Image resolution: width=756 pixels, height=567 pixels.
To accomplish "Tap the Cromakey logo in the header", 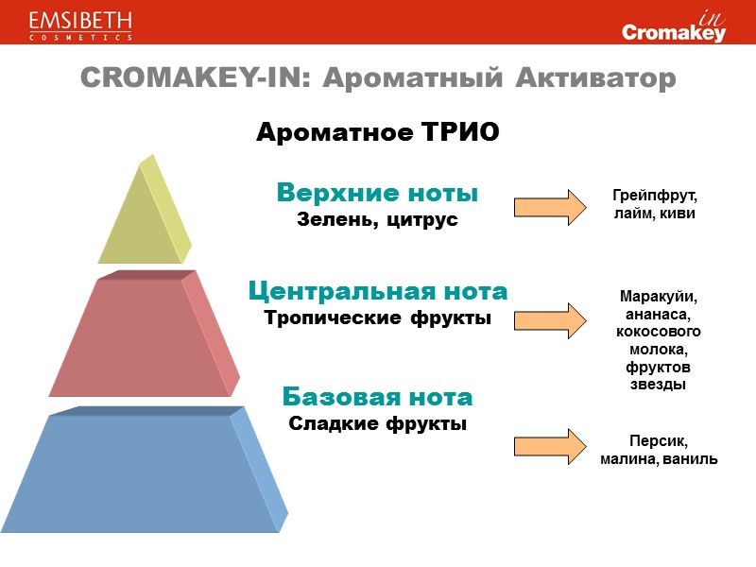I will coord(674,26).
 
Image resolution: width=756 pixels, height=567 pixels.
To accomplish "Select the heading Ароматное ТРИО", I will coord(377,131).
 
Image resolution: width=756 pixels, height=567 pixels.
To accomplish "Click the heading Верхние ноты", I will coord(377,193).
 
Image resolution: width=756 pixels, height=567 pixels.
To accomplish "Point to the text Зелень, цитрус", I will coord(377,219).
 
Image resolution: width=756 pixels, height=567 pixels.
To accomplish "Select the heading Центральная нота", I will coord(377,289).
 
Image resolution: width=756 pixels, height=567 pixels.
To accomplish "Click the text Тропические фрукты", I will coord(377,317).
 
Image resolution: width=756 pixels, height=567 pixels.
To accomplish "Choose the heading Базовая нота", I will coord(377,395).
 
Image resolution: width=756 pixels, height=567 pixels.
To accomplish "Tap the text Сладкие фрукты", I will coord(377,422).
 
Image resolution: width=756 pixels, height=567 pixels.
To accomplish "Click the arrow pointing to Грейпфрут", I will coord(549,206).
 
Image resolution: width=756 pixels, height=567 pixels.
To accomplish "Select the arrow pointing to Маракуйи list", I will coord(549,317).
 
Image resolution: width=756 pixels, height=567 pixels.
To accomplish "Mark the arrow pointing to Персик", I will coord(549,446).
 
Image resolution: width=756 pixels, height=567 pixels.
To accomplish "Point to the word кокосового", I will coord(658,332).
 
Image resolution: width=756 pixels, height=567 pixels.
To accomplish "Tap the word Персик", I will coord(659,441).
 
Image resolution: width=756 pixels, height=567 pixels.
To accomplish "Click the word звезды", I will coord(658,385).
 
